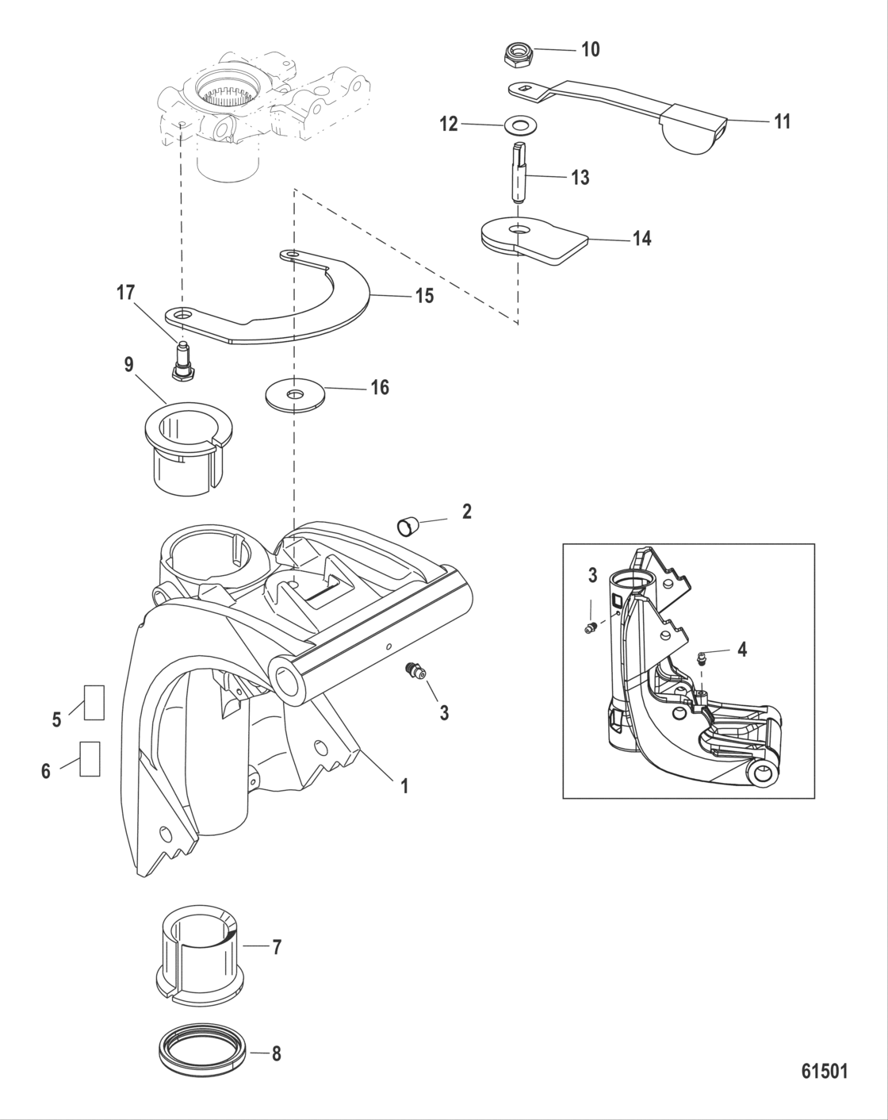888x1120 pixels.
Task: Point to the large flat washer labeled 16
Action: (x=296, y=394)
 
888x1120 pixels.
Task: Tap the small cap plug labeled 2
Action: (x=408, y=524)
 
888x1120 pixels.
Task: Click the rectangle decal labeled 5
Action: (x=94, y=702)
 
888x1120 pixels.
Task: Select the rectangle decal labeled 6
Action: (x=90, y=759)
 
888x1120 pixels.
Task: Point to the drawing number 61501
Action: (x=824, y=1071)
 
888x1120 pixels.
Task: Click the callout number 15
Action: (x=425, y=296)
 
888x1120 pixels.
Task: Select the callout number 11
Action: (x=782, y=121)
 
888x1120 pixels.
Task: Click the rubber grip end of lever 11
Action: (x=696, y=128)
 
